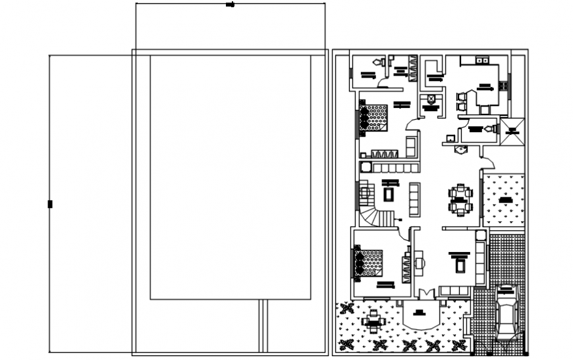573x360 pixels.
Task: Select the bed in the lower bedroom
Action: (373, 263)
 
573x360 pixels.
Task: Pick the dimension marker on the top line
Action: (230, 5)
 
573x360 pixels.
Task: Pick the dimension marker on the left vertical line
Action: (50, 204)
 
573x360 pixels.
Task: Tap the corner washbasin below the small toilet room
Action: (460, 150)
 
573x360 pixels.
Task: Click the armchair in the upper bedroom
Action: (410, 145)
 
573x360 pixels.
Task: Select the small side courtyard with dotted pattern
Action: (504, 199)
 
